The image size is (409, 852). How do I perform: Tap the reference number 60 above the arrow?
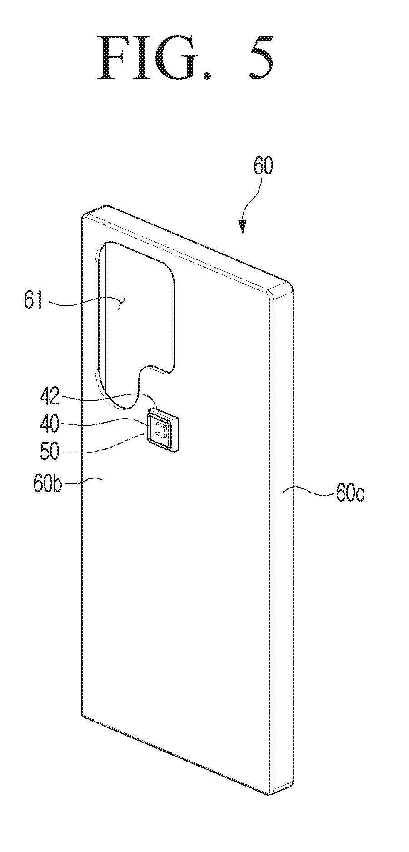tap(264, 166)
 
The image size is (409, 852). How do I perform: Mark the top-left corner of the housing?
tap(84, 216)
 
